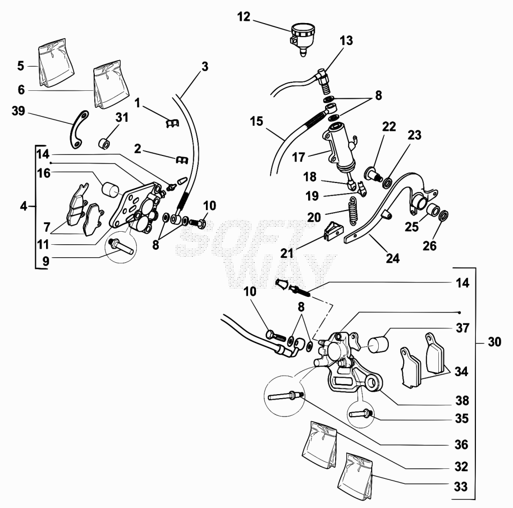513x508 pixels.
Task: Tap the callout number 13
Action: tap(346, 41)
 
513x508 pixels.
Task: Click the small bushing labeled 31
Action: tap(105, 143)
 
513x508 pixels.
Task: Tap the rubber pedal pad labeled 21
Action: tap(333, 231)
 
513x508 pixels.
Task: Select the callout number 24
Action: tap(393, 258)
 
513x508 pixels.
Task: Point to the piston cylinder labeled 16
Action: tap(111, 190)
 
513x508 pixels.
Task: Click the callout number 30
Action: tap(494, 342)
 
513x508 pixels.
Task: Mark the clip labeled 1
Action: tap(171, 123)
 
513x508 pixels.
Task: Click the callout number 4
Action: tap(23, 206)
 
